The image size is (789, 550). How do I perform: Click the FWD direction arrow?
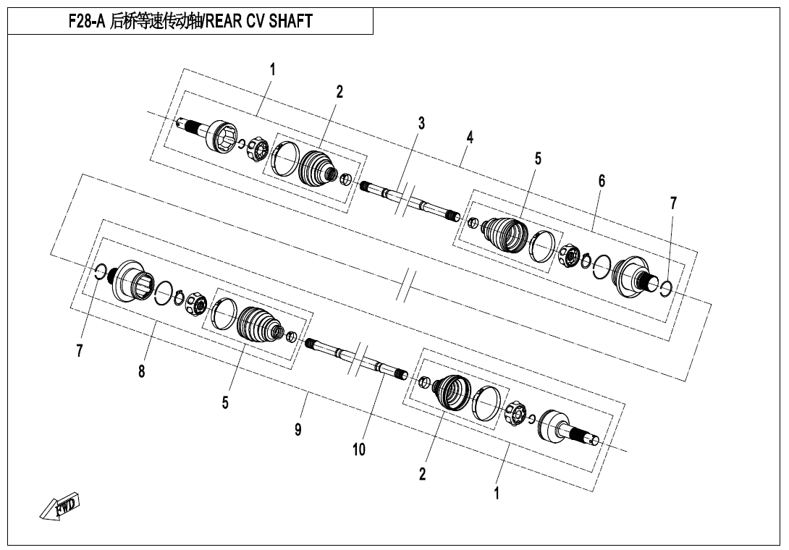(60, 505)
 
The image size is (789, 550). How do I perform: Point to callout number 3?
(421, 123)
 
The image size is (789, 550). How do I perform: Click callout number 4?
(470, 137)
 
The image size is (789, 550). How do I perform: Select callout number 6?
(602, 181)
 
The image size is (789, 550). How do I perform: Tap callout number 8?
(141, 371)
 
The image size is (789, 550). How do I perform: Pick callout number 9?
(298, 429)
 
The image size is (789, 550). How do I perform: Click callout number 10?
(359, 449)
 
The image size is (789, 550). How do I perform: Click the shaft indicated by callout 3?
(410, 200)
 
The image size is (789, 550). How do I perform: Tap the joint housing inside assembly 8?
(130, 281)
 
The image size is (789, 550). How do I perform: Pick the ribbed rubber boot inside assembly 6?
(506, 234)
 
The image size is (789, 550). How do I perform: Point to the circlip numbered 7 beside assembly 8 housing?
(100, 271)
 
